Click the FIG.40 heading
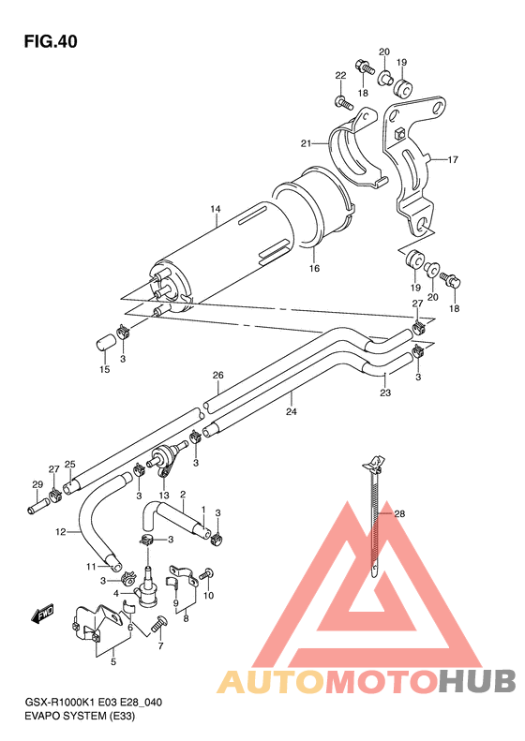50,41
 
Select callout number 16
315,268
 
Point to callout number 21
306,143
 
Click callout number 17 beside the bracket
452,159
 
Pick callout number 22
340,75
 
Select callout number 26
217,376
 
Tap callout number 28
399,513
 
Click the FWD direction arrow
42,615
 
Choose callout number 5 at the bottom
113,663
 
